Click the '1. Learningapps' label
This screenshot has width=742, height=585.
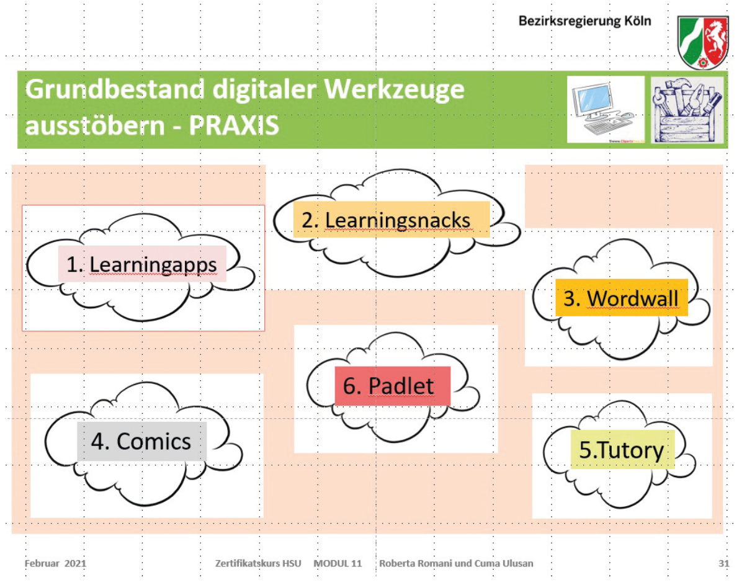[142, 264]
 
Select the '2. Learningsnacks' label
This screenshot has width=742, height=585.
[391, 220]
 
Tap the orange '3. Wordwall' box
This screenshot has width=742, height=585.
[621, 298]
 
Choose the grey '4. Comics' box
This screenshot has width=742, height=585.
[141, 441]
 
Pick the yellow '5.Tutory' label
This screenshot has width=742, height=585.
[622, 449]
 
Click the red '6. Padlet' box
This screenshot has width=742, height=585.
[392, 386]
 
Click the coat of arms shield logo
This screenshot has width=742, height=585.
[703, 42]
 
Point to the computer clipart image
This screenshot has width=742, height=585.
[606, 109]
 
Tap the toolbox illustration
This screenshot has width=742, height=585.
[687, 110]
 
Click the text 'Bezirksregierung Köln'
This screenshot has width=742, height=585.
[585, 21]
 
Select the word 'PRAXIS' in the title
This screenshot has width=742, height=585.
[235, 126]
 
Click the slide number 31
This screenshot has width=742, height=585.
[723, 563]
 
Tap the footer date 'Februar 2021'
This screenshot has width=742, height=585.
[55, 563]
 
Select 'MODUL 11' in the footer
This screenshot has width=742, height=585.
[338, 563]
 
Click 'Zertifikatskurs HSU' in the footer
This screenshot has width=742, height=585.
[258, 563]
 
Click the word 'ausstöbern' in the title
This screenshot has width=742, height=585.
[95, 126]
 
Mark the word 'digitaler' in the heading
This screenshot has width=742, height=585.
[264, 90]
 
